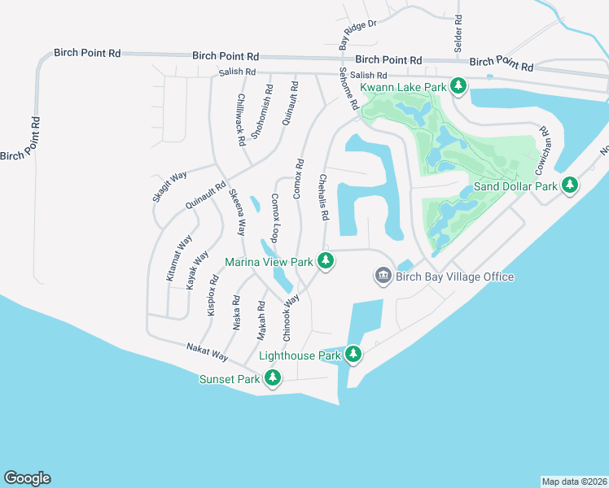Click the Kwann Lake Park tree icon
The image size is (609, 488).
click(x=458, y=85)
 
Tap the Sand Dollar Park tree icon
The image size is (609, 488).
click(x=571, y=185)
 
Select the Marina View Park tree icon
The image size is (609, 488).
click(x=326, y=261)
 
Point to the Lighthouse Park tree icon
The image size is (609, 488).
click(x=353, y=355)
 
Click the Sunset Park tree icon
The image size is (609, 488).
click(x=274, y=378)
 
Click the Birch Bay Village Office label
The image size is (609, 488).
click(x=454, y=277)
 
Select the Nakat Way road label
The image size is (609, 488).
click(x=207, y=351)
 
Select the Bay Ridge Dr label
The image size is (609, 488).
click(x=358, y=33)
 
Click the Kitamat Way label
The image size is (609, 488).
click(x=179, y=258)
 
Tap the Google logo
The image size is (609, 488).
click(x=27, y=478)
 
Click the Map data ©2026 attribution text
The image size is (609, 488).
click(x=574, y=481)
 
